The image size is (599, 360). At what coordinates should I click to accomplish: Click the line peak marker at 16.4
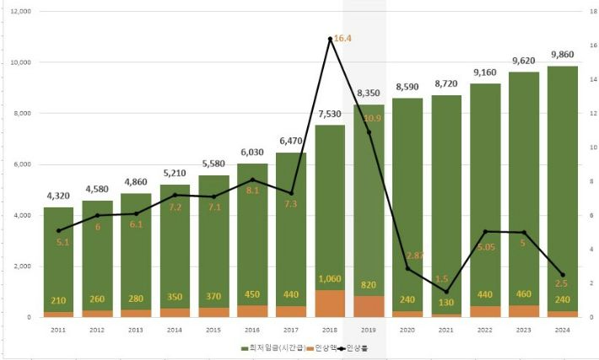click(331, 39)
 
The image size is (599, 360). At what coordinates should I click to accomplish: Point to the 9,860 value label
click(563, 55)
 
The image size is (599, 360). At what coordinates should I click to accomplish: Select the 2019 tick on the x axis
click(370, 330)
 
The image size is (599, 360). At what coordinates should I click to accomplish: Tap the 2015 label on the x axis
click(213, 330)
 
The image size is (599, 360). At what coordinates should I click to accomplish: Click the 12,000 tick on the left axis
click(19, 12)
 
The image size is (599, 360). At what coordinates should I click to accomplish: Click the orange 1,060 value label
click(331, 279)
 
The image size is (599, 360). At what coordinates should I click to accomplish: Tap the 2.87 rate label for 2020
click(413, 255)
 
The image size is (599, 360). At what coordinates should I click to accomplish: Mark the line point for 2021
click(447, 292)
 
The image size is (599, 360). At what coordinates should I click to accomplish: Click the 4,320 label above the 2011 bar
click(58, 196)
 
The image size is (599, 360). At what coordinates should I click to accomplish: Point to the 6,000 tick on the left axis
click(20, 164)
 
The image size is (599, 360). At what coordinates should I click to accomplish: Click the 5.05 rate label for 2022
click(486, 247)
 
